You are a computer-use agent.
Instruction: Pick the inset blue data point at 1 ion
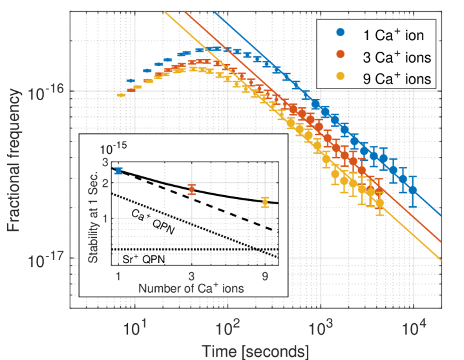118,171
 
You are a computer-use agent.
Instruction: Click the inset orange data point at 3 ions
191,189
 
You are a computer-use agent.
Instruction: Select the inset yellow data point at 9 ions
264,202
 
